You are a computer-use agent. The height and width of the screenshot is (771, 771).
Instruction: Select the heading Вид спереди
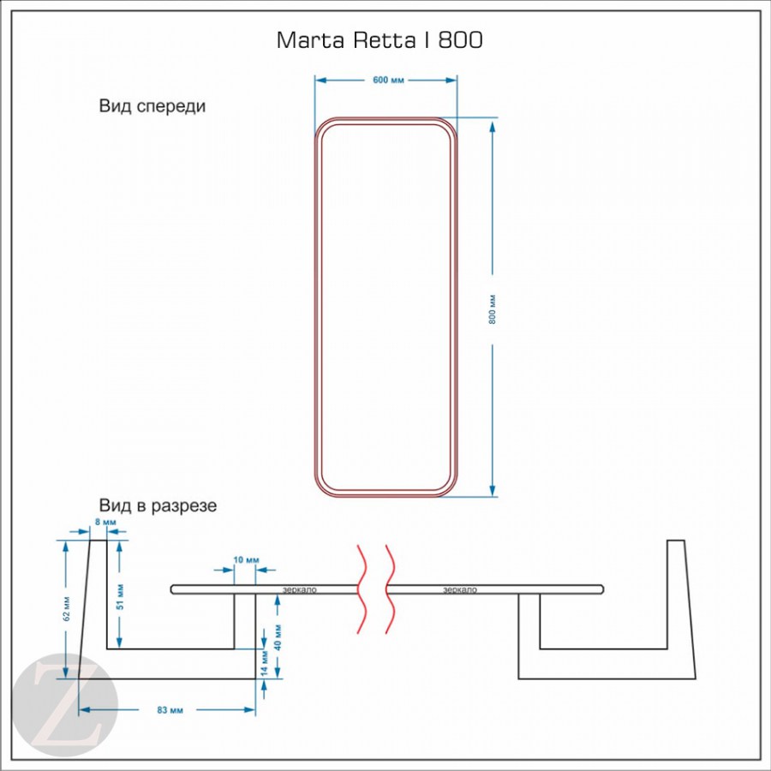point(152,107)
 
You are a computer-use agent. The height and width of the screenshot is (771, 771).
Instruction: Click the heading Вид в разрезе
point(158,505)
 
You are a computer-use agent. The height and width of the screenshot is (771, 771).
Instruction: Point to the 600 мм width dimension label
point(388,81)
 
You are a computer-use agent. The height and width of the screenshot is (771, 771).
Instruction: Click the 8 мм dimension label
point(105,522)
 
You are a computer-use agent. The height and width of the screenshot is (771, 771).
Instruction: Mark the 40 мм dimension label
point(278,635)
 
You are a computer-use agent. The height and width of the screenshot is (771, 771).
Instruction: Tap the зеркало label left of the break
point(301,589)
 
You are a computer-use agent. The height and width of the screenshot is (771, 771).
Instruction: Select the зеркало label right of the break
point(460,589)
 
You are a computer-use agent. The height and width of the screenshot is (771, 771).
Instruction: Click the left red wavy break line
point(362,589)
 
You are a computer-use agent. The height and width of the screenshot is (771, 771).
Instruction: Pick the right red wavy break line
point(391,589)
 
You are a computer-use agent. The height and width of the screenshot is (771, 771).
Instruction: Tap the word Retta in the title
point(383,40)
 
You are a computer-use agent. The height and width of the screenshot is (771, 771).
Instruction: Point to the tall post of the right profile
point(677,600)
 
